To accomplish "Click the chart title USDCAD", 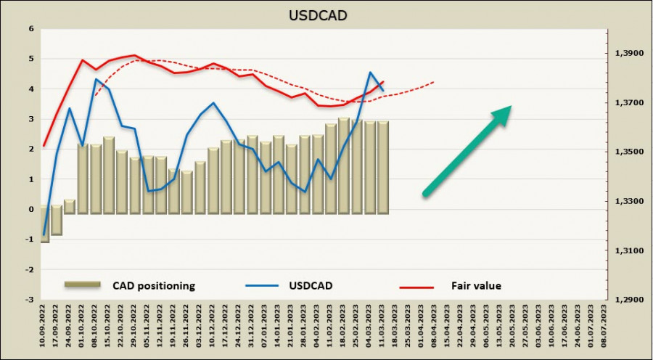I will click(326, 14).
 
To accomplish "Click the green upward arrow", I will click(468, 150).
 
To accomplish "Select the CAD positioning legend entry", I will click(154, 286).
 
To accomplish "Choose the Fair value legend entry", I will click(476, 286).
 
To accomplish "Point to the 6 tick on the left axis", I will click(30, 29).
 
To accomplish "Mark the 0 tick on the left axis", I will click(30, 209).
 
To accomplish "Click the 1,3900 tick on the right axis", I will click(628, 54).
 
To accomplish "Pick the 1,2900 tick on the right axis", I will click(628, 299).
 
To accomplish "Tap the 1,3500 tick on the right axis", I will click(628, 152).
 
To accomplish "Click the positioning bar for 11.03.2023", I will click(383, 167).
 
